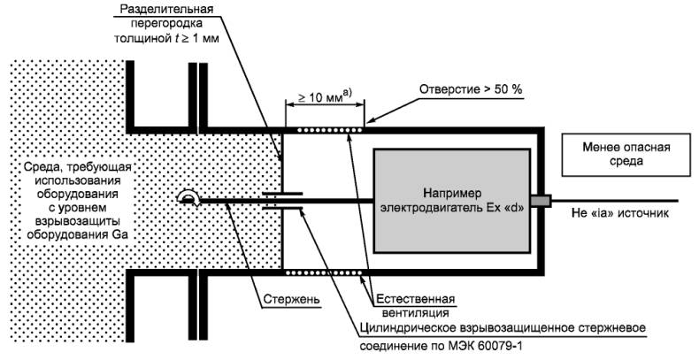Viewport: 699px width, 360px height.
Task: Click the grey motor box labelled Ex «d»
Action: pyautogui.click(x=452, y=201)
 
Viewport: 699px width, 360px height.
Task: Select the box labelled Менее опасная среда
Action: pyautogui.click(x=626, y=154)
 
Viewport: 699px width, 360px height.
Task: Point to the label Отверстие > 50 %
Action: pyautogui.click(x=471, y=89)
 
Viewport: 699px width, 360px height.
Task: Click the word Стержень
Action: pyautogui.click(x=291, y=299)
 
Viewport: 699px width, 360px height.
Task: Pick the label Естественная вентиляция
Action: pyautogui.click(x=416, y=306)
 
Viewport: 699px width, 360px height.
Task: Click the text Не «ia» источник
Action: pyautogui.click(x=619, y=213)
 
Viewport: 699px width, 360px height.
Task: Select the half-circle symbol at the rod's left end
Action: pyautogui.click(x=188, y=197)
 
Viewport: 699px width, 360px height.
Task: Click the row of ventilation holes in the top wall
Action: pyautogui.click(x=330, y=130)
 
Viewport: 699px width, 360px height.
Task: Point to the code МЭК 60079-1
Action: pyautogui.click(x=486, y=346)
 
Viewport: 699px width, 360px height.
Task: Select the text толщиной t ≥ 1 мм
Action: pyautogui.click(x=166, y=38)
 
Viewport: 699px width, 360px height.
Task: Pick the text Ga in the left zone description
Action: pyautogui.click(x=120, y=234)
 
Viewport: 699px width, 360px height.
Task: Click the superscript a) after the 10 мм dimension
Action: pyautogui.click(x=347, y=94)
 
